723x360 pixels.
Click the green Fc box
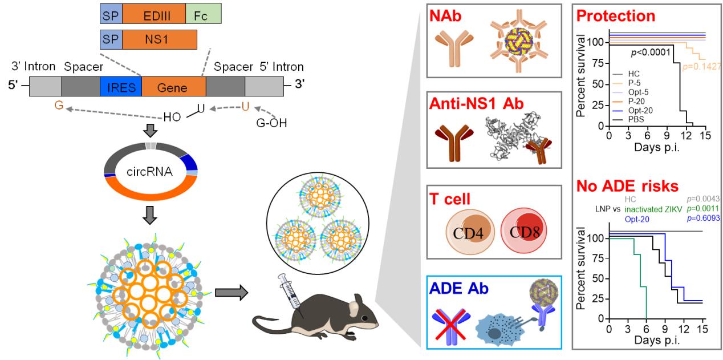pyautogui.click(x=203, y=13)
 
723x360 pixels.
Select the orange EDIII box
pyautogui.click(x=153, y=13)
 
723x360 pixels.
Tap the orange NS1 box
pyautogui.click(x=159, y=40)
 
